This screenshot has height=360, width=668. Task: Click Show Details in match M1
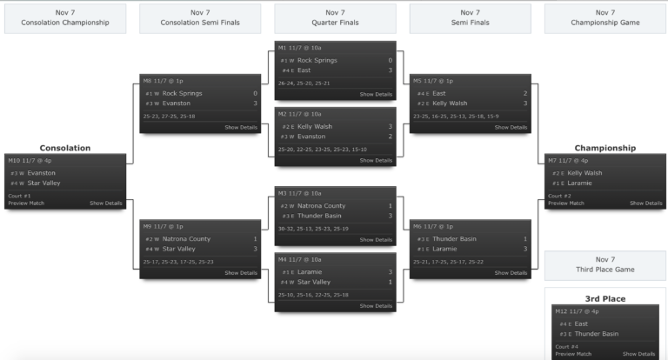point(376,94)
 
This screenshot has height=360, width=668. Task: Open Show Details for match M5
point(511,127)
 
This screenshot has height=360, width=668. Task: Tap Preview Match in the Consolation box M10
point(26,203)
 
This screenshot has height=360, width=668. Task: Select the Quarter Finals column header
point(335,17)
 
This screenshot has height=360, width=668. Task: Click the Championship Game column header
point(605,17)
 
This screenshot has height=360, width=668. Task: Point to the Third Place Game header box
point(605,263)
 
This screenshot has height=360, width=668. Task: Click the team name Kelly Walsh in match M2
point(314,126)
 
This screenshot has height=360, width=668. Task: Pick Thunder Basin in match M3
point(319,216)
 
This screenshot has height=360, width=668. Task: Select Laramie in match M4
point(311,271)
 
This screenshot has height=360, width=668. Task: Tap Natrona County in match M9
point(187,238)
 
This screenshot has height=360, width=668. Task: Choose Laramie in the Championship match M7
point(580,183)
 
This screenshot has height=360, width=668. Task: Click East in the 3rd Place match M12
point(581,323)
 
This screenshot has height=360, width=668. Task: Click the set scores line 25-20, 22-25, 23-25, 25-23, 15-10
point(323,150)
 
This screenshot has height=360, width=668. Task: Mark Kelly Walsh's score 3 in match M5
point(525,103)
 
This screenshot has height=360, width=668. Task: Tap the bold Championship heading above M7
point(605,148)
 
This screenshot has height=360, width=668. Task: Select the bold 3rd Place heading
point(605,298)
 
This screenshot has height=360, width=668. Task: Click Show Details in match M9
point(241,273)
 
